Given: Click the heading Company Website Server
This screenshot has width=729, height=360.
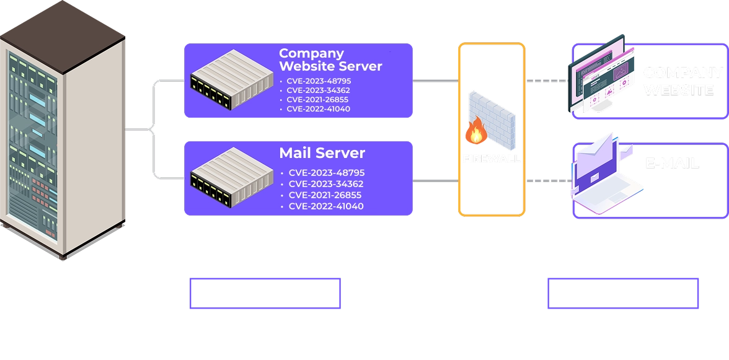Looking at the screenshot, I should (330, 59).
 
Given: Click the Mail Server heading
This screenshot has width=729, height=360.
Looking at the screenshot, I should (322, 153).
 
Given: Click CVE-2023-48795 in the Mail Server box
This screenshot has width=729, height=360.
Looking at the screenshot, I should (326, 173).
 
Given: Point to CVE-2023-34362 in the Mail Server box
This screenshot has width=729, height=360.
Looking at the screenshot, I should (326, 184).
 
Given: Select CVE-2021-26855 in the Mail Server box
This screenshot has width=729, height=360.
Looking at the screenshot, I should (326, 195).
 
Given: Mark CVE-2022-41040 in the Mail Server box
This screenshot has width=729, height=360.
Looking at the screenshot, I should (326, 206).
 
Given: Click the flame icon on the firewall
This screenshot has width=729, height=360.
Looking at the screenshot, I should (476, 131).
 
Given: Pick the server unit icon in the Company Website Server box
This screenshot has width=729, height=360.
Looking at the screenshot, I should (231, 79).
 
